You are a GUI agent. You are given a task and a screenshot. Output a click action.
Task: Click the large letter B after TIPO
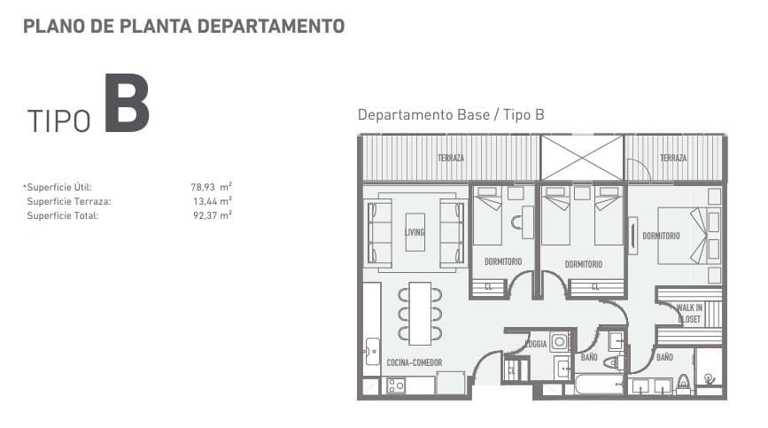click(127, 103)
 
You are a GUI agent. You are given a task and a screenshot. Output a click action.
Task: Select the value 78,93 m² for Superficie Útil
click(211, 187)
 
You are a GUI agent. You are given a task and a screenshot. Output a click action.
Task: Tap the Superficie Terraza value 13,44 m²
click(212, 201)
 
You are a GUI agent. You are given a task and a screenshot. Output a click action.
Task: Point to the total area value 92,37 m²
click(212, 215)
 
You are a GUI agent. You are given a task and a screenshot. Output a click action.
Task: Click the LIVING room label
click(415, 232)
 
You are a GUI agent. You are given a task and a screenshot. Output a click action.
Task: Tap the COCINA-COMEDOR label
click(415, 362)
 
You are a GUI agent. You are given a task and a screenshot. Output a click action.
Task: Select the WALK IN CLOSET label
click(689, 314)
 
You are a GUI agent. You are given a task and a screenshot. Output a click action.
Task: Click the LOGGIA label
click(536, 344)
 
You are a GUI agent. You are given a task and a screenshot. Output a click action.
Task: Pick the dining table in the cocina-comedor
click(420, 314)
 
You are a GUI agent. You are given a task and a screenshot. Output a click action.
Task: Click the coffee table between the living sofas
click(415, 232)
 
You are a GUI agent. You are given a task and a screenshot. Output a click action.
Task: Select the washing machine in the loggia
click(559, 341)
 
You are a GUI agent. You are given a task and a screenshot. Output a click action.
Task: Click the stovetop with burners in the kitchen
click(396, 385)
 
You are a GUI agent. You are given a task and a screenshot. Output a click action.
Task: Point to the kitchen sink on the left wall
click(373, 351)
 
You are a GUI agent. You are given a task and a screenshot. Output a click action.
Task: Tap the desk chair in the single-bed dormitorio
click(517, 222)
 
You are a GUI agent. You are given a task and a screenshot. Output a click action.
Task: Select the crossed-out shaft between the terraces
click(582, 158)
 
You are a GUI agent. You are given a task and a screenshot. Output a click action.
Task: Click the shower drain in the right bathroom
click(708, 378)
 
